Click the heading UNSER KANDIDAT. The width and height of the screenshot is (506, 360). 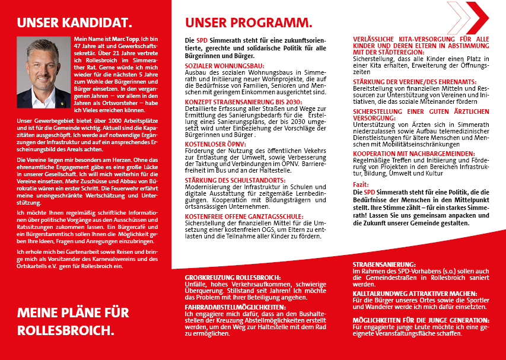tap(74, 23)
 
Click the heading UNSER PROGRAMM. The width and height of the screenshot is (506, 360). tap(249, 23)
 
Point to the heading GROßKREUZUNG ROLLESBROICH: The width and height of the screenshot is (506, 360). tap(233, 278)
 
